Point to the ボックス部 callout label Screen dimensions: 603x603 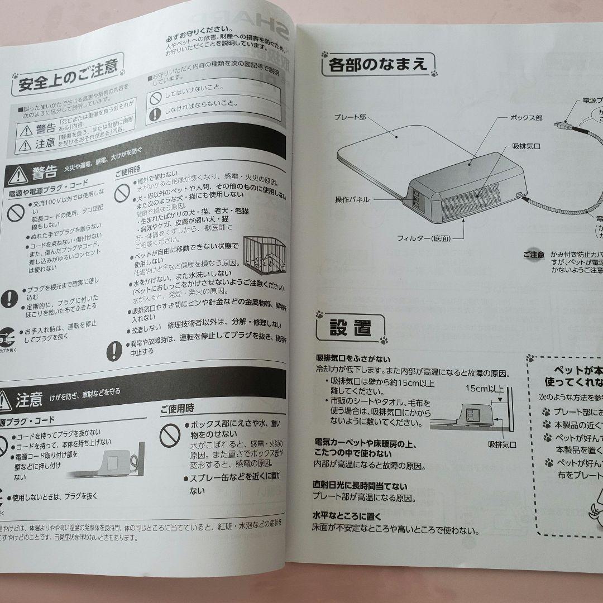click(527, 118)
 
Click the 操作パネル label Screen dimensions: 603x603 click(352, 199)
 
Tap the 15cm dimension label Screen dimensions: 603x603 click(480, 388)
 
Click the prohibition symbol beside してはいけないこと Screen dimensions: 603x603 click(155, 97)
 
